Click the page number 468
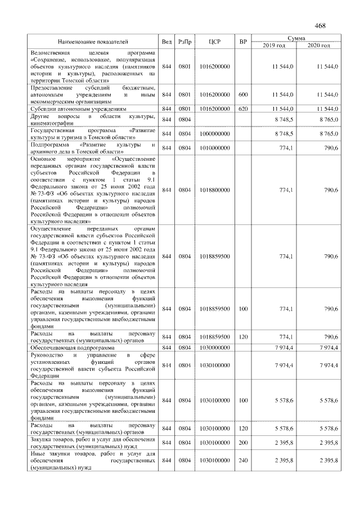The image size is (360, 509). click(x=320, y=26)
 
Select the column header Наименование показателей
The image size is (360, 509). click(x=93, y=42)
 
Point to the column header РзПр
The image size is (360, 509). click(x=184, y=42)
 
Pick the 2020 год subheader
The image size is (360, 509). click(x=319, y=45)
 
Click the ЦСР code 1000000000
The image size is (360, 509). click(x=214, y=134)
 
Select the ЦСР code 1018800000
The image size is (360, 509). click(x=214, y=190)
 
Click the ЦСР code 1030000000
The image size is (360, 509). click(x=214, y=348)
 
